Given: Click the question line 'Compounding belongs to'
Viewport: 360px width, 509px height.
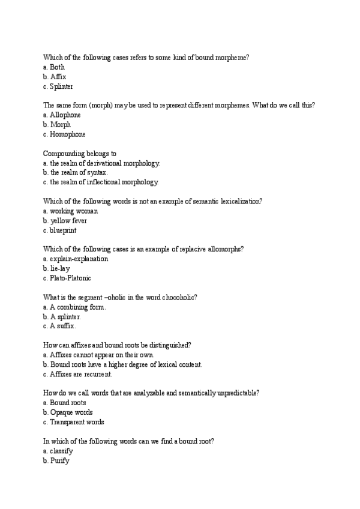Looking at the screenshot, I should pyautogui.click(x=80, y=153).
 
